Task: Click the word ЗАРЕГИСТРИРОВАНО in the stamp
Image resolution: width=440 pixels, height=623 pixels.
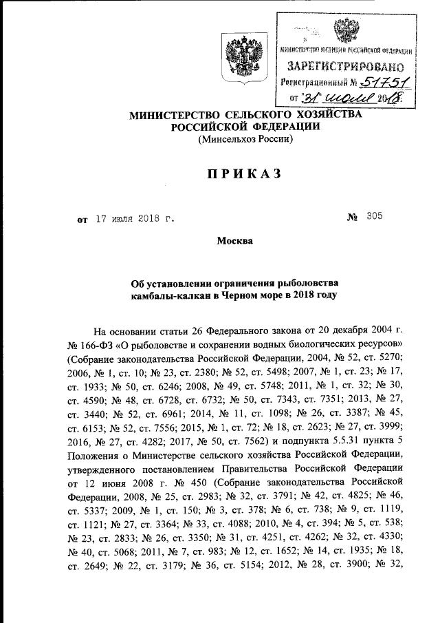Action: tap(346, 67)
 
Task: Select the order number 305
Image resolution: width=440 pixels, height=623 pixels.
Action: tap(375, 218)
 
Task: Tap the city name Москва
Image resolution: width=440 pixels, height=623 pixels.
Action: tap(235, 242)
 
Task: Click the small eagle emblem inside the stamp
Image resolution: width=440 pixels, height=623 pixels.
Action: tap(344, 32)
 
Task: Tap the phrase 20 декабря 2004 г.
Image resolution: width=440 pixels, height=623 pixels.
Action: tap(357, 328)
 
